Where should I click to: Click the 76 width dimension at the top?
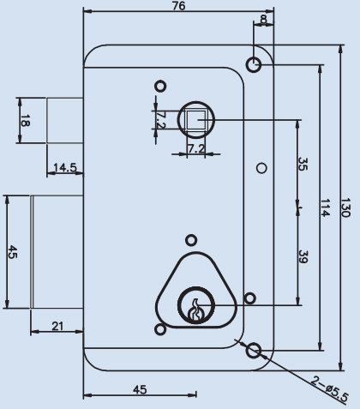pyautogui.click(x=180, y=6)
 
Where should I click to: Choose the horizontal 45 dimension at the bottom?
pyautogui.click(x=140, y=389)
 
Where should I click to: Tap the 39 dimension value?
pyautogui.click(x=301, y=256)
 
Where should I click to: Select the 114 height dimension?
pyautogui.click(x=324, y=208)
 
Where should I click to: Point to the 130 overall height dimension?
pyautogui.click(x=346, y=208)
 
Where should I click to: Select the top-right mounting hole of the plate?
pyautogui.click(x=255, y=64)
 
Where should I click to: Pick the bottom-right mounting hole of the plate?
pyautogui.click(x=255, y=350)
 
